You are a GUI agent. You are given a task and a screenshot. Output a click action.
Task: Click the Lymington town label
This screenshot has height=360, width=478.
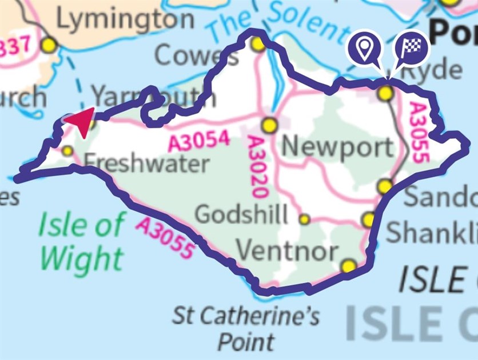[x=125, y=20]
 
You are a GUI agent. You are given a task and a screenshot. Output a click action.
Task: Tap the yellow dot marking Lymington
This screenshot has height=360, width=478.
[x=50, y=44]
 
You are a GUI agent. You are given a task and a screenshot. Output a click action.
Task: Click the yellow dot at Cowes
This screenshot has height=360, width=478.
[x=258, y=43]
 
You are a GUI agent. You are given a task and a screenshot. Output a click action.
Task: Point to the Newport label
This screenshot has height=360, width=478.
[x=338, y=147]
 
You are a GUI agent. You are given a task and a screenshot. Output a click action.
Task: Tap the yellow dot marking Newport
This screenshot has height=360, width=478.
[x=270, y=124]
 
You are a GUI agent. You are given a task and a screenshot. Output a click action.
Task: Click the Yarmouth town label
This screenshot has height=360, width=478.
[x=153, y=96]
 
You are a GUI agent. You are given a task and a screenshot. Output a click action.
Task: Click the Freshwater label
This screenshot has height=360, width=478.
[x=146, y=164]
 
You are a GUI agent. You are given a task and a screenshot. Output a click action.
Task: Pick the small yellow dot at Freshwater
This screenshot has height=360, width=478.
[x=67, y=151]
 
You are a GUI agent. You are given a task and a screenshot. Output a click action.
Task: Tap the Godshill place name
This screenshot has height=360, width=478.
[x=241, y=215]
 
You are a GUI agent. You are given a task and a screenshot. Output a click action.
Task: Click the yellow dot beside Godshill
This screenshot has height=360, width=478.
[x=305, y=219]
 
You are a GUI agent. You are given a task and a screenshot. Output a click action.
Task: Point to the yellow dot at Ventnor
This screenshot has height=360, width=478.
[x=348, y=266]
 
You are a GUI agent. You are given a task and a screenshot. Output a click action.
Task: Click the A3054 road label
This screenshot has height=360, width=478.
[x=200, y=141]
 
